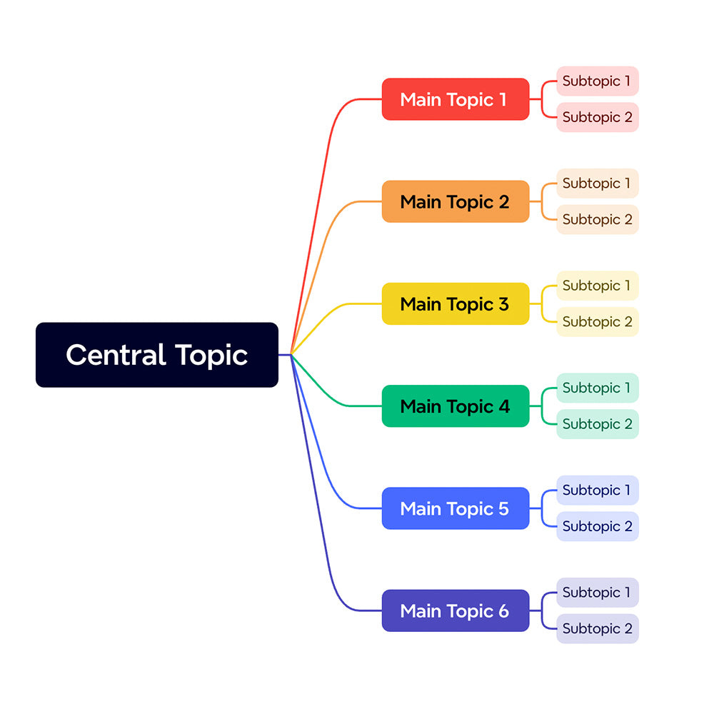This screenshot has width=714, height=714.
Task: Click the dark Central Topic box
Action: [156, 355]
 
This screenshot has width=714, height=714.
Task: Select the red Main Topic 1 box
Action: [455, 99]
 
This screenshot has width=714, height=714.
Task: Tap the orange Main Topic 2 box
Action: [455, 201]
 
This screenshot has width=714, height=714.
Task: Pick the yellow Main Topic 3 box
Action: [455, 303]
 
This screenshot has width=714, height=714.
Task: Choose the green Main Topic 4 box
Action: [455, 406]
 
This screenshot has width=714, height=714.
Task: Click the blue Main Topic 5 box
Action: [455, 508]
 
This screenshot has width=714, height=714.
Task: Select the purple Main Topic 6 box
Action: [455, 610]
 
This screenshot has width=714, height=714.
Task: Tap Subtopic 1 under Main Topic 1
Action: [597, 81]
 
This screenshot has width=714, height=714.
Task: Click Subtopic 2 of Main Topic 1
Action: [597, 117]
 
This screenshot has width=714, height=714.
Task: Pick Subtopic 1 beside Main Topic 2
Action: [597, 183]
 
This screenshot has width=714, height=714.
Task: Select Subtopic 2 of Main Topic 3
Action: [597, 321]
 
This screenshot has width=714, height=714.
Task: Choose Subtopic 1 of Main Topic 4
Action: [597, 388]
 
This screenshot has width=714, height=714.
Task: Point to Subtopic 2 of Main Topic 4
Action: [597, 424]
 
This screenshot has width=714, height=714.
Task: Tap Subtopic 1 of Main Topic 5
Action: [597, 491]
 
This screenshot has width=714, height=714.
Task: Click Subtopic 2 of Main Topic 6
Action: [597, 628]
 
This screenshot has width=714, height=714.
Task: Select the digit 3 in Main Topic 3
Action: [503, 304]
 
